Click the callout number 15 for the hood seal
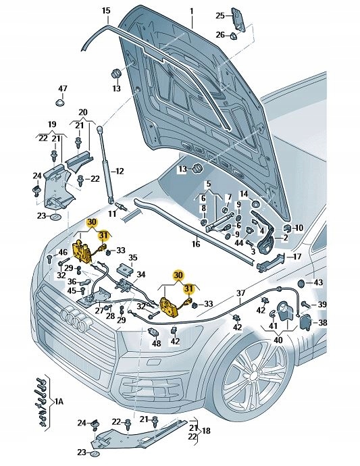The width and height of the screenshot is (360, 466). (105, 11)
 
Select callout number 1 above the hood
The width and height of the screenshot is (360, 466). (191, 11)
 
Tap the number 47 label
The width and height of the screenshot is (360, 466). (62, 89)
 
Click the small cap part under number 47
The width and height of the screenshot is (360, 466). (60, 103)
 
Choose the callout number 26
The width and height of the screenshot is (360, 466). (220, 34)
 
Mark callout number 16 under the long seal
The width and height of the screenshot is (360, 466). (195, 244)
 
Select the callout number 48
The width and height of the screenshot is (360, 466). (156, 342)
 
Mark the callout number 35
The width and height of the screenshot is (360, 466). (133, 258)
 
